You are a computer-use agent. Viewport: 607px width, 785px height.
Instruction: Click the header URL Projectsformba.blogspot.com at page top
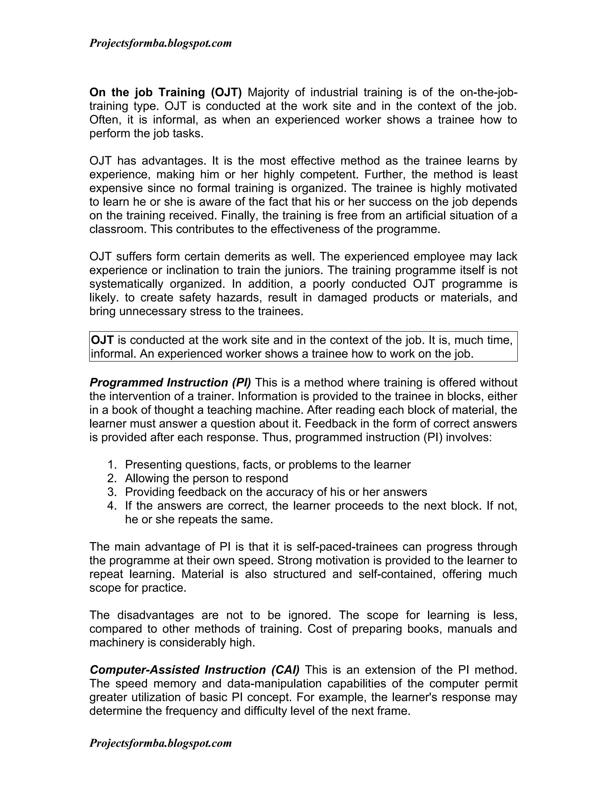[x=160, y=44]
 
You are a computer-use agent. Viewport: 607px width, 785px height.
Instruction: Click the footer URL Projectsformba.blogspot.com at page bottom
[x=160, y=743]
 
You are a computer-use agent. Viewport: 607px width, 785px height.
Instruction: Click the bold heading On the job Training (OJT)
[x=165, y=92]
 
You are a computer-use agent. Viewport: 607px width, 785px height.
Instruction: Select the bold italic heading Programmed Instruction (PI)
[x=170, y=382]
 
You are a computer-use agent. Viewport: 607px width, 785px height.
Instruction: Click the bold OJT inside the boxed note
[x=103, y=340]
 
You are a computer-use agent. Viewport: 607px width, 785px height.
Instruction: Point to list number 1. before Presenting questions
[x=112, y=464]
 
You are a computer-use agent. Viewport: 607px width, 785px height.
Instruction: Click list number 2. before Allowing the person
[x=112, y=478]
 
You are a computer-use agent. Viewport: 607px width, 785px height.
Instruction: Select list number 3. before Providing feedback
[x=112, y=492]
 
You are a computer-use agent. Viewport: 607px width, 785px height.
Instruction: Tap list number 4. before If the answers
[x=112, y=505]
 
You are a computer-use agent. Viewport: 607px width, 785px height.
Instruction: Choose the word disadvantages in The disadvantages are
[x=156, y=615]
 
